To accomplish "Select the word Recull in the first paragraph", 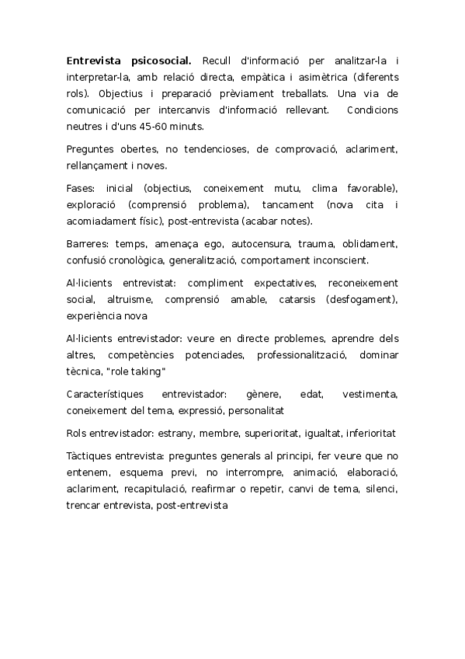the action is pyautogui.click(x=217, y=61).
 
